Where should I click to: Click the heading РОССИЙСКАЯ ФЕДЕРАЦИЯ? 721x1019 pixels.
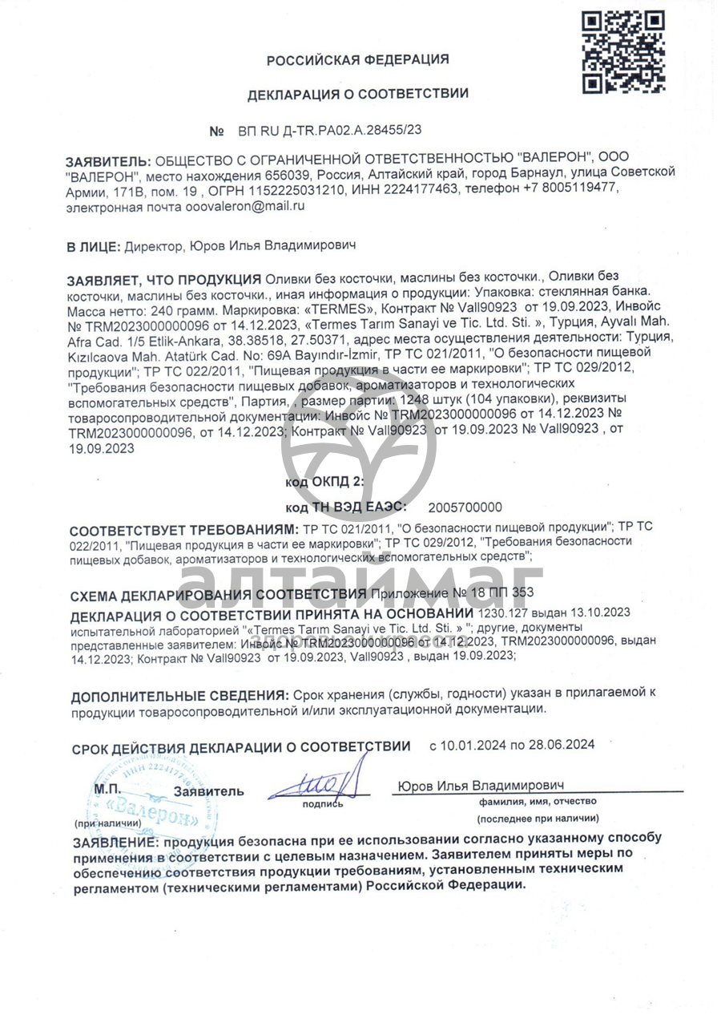click(357, 59)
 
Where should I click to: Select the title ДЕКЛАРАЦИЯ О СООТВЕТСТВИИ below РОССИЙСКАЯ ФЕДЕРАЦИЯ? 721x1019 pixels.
click(357, 94)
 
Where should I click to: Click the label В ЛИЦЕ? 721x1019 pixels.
click(93, 246)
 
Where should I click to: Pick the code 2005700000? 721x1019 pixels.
click(465, 507)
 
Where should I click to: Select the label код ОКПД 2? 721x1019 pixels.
click(324, 483)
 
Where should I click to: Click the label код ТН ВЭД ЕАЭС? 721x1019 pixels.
click(345, 507)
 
